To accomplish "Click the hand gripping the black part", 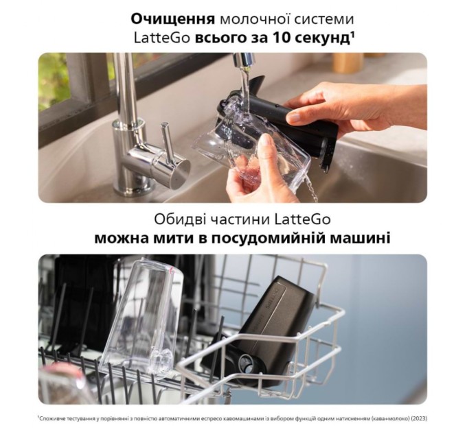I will click(357, 110).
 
